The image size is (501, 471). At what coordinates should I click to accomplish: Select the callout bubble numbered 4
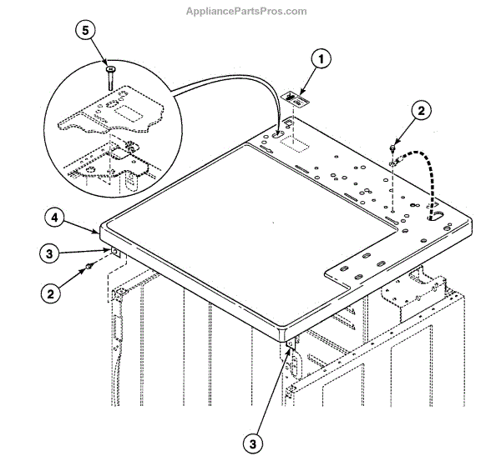(x=52, y=218)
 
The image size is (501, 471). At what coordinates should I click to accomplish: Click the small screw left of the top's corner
(x=87, y=266)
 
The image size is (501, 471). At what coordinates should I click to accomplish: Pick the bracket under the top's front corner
(x=290, y=343)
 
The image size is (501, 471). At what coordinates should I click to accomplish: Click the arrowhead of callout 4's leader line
(x=100, y=227)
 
